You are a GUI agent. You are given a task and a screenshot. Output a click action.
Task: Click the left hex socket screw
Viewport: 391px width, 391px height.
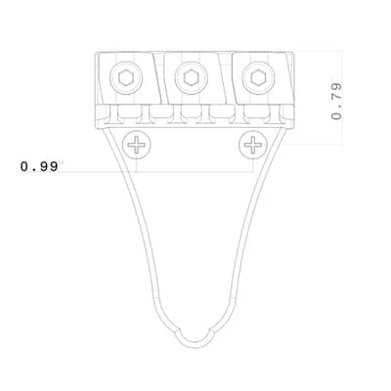126,78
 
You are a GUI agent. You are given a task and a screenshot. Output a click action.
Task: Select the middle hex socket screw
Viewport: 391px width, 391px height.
191,78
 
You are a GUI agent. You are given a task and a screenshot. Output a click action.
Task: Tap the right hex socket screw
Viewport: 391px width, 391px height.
258,78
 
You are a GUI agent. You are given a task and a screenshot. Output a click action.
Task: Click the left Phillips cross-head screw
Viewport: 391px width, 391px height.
137,145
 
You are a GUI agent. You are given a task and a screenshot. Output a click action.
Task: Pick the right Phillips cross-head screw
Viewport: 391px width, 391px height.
253,145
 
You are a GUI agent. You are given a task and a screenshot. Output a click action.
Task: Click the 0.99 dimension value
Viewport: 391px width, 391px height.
39,166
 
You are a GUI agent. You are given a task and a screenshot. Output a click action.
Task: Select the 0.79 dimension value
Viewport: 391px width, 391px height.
336,102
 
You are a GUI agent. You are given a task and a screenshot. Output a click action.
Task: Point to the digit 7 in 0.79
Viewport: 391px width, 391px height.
336,100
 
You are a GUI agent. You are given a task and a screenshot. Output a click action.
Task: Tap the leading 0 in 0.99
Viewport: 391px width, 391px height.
24,166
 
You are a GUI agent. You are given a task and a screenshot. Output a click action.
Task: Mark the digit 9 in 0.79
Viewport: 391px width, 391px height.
336,87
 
